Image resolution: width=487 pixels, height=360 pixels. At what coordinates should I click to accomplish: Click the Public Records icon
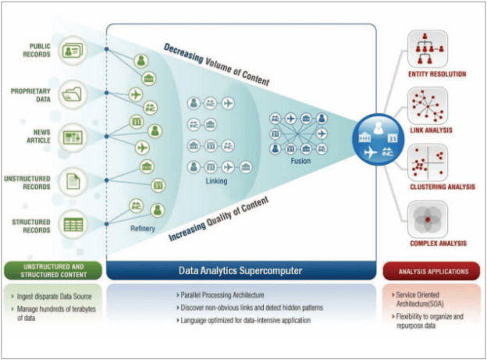click(72, 51)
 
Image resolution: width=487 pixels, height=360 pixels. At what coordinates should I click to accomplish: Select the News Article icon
click(72, 136)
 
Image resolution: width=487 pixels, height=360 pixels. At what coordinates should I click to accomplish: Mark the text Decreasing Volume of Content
click(217, 66)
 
